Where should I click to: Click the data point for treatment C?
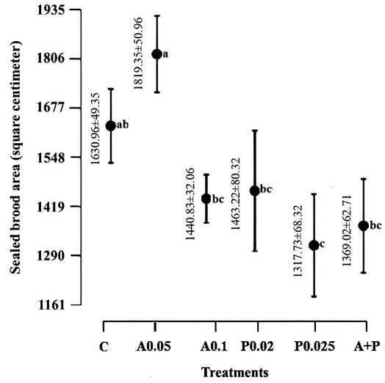(111, 125)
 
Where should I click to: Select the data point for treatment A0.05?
(156, 54)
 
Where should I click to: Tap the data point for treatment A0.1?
(206, 198)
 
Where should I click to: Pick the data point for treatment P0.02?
(254, 190)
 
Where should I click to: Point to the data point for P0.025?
(314, 244)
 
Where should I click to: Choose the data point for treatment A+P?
(362, 225)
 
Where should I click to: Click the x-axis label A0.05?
(155, 346)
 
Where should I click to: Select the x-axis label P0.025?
(314, 346)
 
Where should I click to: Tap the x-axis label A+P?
(363, 346)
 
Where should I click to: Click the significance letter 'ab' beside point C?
(123, 125)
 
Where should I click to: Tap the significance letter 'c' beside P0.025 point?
(322, 243)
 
